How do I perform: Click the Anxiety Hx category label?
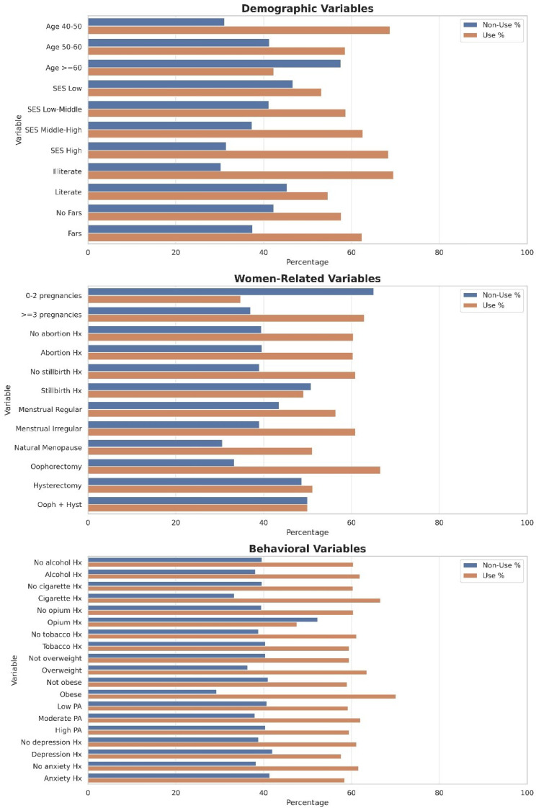[x=62, y=778]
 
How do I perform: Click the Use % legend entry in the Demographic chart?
[x=490, y=35]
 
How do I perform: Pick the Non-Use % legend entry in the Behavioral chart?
[x=494, y=566]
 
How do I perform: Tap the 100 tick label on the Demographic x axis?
[x=527, y=252]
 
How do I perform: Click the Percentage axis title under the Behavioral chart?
[x=307, y=802]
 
